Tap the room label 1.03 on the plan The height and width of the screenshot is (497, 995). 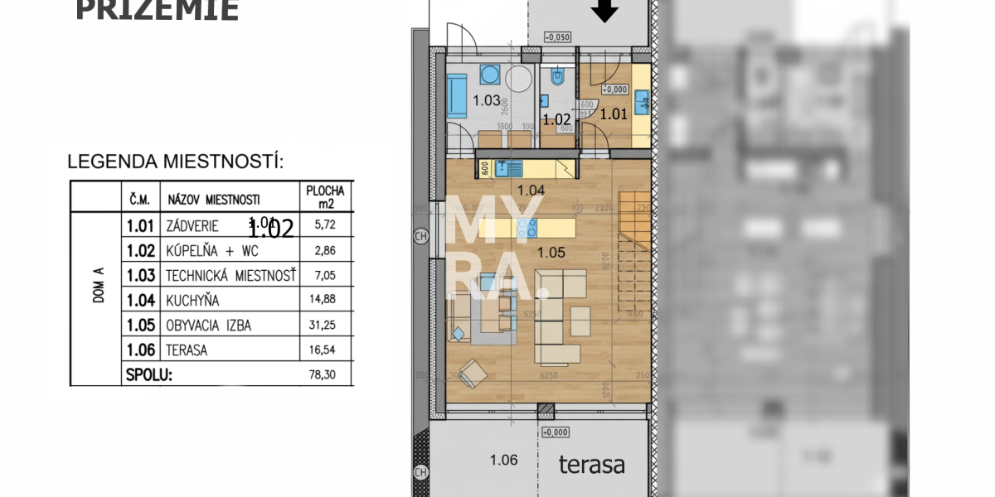click(486, 101)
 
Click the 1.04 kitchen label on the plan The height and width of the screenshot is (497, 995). click(531, 191)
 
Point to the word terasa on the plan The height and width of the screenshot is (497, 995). click(591, 465)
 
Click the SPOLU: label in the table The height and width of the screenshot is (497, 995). click(148, 374)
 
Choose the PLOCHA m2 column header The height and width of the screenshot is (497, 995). click(324, 196)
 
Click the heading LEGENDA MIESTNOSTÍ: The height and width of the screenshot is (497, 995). click(175, 162)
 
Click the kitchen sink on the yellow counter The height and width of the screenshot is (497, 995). click(505, 169)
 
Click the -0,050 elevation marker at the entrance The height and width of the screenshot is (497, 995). click(557, 37)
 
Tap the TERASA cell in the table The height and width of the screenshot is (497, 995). click(187, 350)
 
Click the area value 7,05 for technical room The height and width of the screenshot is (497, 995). click(323, 276)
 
